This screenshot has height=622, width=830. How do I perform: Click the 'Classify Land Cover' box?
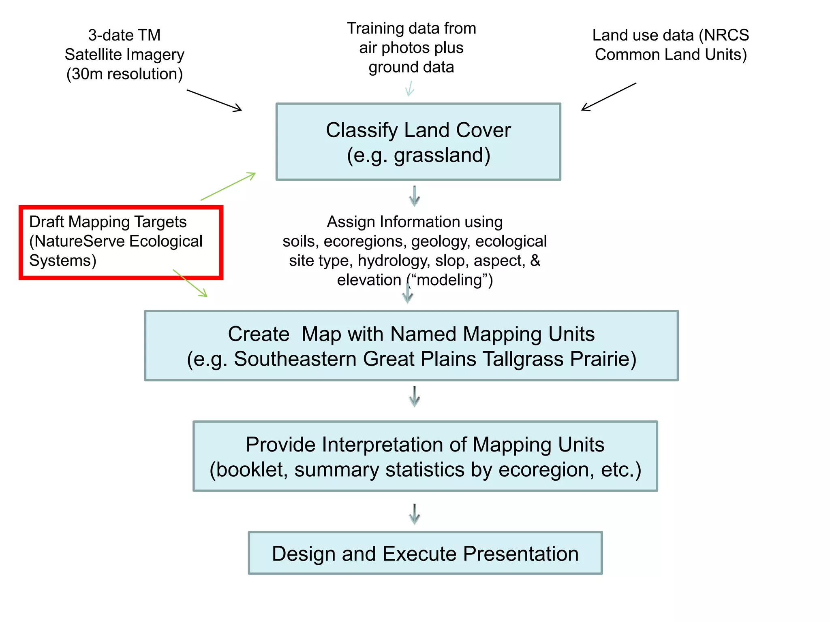(x=418, y=142)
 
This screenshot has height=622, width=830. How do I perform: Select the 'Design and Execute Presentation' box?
(x=425, y=553)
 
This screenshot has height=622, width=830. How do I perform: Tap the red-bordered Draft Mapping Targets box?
(x=121, y=243)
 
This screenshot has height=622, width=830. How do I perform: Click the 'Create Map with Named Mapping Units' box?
(x=411, y=345)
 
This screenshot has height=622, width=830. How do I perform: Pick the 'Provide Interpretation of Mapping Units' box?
(x=425, y=456)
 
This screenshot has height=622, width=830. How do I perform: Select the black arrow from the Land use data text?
(x=608, y=97)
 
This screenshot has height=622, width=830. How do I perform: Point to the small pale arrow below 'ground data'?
(x=410, y=88)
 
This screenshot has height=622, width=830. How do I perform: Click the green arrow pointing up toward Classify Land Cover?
(x=228, y=186)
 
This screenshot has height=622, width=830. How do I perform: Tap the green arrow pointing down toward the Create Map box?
(x=190, y=283)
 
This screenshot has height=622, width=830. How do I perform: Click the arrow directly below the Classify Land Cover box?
(x=414, y=196)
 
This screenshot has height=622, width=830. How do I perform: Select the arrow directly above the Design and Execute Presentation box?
(x=414, y=514)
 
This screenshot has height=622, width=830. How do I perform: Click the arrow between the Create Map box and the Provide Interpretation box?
(x=414, y=396)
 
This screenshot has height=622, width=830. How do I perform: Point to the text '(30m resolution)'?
(x=124, y=74)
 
